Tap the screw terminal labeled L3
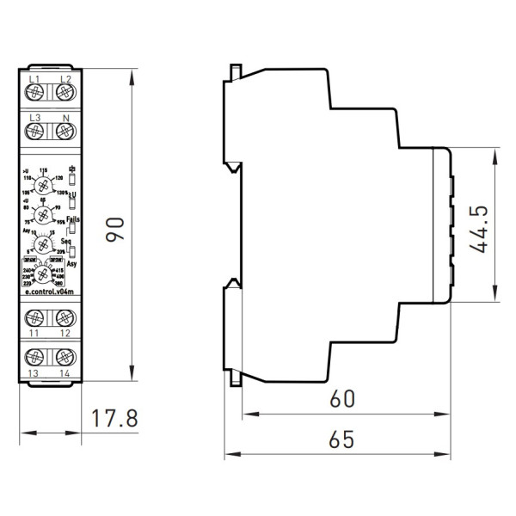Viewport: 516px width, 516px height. [36, 131]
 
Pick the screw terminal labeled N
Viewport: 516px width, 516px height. [63, 131]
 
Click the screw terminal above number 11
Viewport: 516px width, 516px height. [36, 317]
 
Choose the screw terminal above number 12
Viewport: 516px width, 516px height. [63, 317]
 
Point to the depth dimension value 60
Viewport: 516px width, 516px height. [342, 399]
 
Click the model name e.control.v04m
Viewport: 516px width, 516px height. [49, 293]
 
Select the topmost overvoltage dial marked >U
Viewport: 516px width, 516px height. [49, 182]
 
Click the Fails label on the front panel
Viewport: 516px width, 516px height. [73, 219]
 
